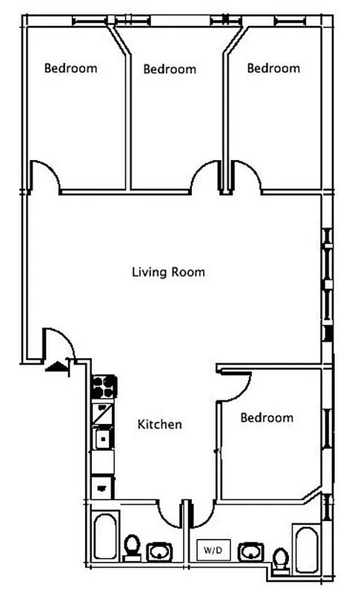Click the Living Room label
[168, 272]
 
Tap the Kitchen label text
[160, 425]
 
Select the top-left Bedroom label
[71, 68]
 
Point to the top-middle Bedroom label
[170, 69]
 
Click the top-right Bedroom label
[273, 68]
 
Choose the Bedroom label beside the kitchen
[267, 418]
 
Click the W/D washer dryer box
[214, 550]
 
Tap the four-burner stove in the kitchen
[104, 387]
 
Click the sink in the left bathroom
[160, 552]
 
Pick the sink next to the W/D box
[253, 551]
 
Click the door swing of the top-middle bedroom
[205, 177]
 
